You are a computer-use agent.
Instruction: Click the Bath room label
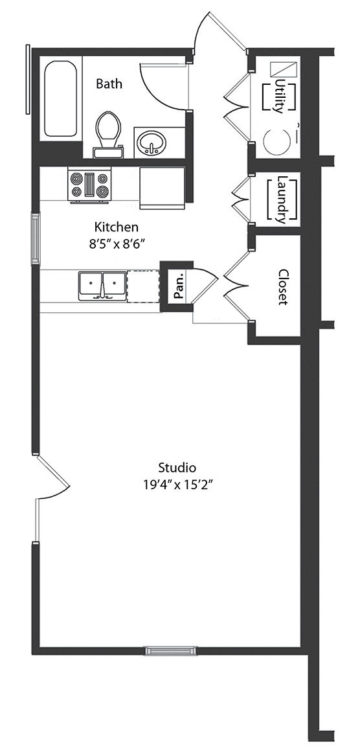coord(109,84)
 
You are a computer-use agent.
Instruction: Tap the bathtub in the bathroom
coord(60,100)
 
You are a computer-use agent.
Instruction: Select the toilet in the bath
coord(107,135)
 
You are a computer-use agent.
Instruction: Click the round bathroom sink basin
coord(152,143)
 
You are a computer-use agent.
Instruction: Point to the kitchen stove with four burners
coord(89,186)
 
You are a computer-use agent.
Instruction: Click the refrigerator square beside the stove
coord(163,188)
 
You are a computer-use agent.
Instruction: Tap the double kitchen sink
coord(102,286)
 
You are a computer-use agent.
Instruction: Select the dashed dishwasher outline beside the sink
coord(143,286)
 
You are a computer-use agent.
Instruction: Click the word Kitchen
coord(116,226)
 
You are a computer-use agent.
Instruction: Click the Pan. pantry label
coord(179,286)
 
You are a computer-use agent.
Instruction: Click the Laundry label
coord(282,200)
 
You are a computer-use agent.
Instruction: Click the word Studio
coord(177,467)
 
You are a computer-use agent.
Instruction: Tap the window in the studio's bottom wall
coord(171,651)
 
